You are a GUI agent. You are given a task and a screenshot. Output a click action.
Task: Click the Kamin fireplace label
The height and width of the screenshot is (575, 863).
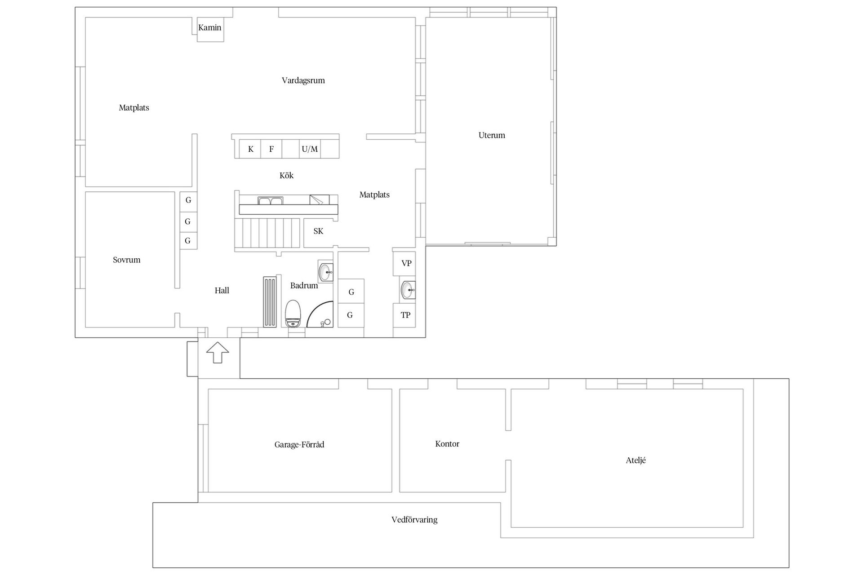pos(209,27)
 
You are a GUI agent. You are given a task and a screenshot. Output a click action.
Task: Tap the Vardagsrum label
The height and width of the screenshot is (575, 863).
pos(303,80)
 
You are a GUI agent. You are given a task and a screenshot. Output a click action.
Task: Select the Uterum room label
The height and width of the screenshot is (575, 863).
pos(492,135)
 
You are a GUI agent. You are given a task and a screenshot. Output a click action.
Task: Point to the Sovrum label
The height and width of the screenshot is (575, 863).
pos(126,260)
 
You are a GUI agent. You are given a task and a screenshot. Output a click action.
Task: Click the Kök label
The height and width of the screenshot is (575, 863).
pos(286,175)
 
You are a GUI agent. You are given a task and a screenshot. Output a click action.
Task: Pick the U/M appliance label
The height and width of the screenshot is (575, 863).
pos(310,149)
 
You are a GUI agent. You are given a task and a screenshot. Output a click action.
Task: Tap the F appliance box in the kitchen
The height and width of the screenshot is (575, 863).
pos(271,149)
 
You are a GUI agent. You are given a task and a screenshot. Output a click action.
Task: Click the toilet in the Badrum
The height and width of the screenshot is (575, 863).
pos(293,314)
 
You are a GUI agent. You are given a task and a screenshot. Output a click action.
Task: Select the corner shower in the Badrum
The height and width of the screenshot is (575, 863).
pos(321,314)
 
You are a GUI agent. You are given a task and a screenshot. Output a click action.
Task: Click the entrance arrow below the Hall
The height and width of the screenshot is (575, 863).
pos(218,353)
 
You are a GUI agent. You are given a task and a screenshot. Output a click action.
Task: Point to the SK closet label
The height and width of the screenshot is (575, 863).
pos(318,231)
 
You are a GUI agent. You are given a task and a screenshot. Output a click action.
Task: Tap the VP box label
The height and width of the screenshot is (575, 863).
pos(406,263)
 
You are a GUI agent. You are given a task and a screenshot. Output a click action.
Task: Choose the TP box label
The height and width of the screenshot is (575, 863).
pos(405,315)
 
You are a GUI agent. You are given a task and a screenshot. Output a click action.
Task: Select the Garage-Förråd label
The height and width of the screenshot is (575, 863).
pos(299,445)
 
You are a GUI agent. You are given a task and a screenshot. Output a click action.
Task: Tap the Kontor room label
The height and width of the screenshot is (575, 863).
pos(447,444)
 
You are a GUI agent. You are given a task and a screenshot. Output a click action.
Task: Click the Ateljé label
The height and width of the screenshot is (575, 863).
pos(636,460)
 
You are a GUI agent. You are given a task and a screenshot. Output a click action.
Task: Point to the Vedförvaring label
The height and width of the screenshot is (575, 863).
pos(414,520)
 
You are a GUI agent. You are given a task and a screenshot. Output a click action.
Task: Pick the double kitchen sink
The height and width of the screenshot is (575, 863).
pos(270,200)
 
